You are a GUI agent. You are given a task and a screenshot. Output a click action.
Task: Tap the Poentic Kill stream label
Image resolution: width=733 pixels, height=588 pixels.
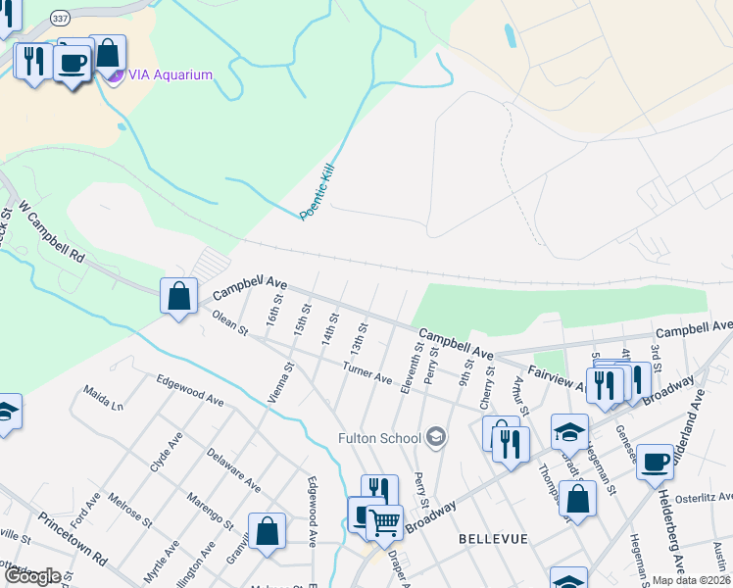click(317, 191)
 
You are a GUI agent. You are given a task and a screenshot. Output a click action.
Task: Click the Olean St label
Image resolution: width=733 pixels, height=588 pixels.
click(228, 324)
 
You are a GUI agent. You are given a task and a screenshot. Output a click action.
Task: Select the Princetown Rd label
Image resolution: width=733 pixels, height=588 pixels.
click(73, 539)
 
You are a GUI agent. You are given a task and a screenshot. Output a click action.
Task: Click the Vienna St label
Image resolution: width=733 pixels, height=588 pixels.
click(281, 383)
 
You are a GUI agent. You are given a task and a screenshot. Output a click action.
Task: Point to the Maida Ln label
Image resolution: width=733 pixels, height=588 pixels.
click(104, 398)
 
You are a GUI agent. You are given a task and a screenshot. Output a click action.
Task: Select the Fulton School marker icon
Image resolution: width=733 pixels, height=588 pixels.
click(436, 437)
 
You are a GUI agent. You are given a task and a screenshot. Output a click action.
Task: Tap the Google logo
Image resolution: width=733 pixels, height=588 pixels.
click(31, 576)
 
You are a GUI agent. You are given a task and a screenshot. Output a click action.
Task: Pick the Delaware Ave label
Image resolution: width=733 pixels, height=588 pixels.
click(233, 469)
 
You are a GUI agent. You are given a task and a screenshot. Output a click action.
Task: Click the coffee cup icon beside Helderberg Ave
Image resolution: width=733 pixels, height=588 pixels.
click(655, 462)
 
